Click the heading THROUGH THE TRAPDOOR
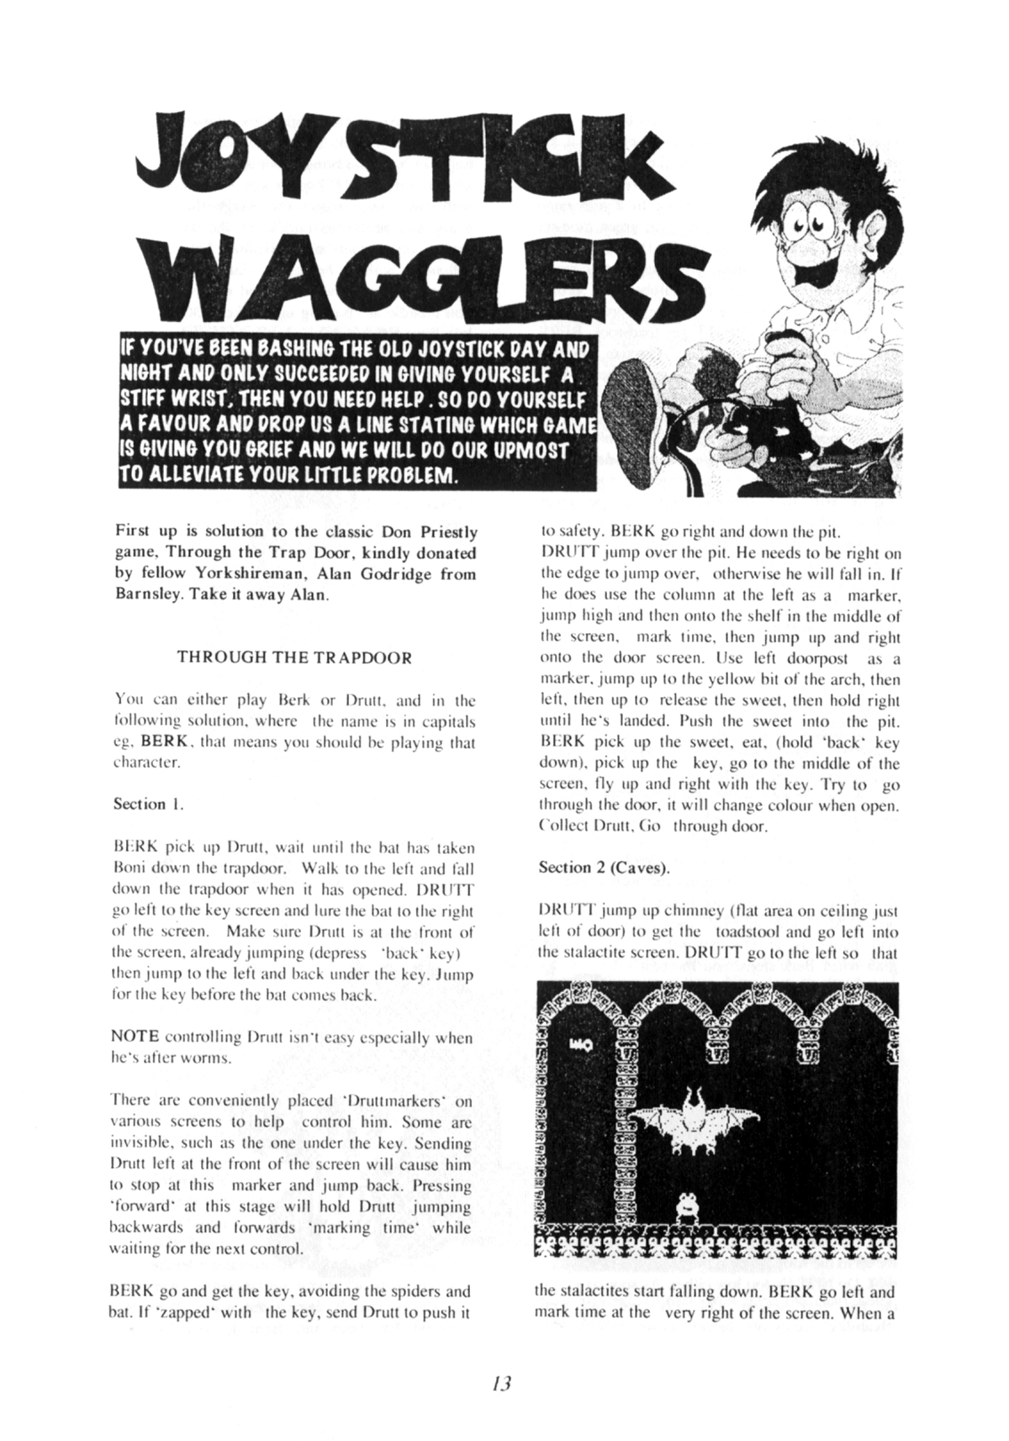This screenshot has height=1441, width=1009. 294,657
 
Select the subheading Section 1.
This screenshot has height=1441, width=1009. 148,804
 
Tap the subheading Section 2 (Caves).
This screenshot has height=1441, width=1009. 604,867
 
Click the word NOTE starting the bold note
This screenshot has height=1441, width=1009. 136,1037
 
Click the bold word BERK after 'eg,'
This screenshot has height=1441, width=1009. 168,742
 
